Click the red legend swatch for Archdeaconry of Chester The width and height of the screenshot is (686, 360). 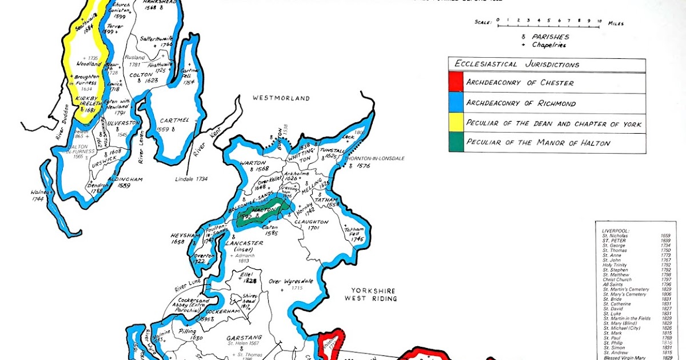tap(456, 82)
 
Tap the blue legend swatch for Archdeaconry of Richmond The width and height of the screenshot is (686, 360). tap(456, 103)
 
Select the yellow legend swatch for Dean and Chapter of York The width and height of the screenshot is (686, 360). tap(456, 123)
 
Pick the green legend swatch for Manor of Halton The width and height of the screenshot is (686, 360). tap(456, 143)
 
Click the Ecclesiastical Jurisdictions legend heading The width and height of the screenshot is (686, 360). tap(514, 65)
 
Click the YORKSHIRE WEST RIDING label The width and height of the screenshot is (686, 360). tap(370, 294)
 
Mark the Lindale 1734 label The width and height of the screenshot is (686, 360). tap(192, 179)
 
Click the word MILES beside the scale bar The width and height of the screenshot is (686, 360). tap(615, 23)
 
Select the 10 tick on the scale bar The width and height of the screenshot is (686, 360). tap(599, 21)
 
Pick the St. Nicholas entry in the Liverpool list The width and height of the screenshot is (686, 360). tap(615, 235)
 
